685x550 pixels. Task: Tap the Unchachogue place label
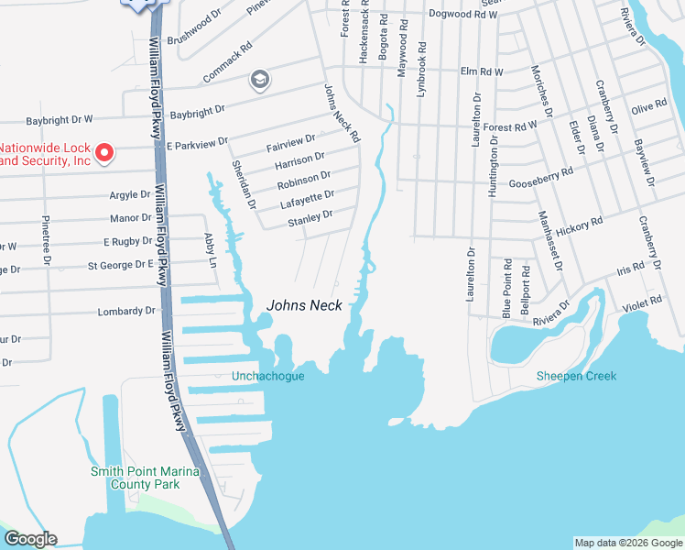tap(267, 376)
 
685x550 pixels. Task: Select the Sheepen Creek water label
tap(576, 376)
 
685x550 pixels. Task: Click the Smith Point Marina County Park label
tap(136, 478)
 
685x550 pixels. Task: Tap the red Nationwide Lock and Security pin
tap(104, 151)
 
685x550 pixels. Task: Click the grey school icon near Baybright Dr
tap(259, 81)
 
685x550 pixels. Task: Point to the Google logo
tap(30, 539)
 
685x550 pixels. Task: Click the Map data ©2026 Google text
tap(627, 543)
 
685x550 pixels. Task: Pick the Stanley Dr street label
tap(310, 219)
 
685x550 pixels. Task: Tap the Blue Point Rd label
tap(507, 288)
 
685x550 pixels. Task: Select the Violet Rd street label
tap(642, 308)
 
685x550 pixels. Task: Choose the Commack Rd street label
tap(227, 62)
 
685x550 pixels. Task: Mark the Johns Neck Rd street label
tap(342, 113)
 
